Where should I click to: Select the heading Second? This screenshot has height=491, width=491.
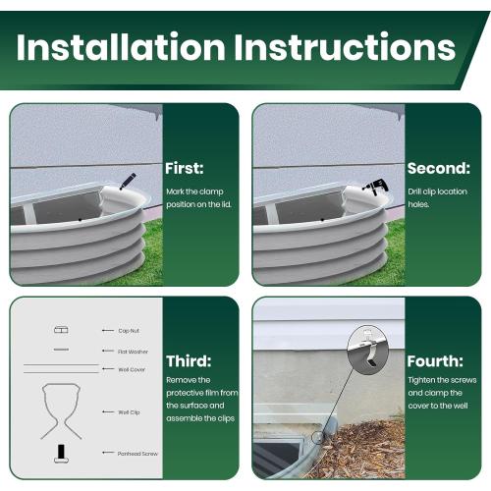tap(438, 168)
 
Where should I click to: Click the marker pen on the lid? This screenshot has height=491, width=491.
tap(128, 182)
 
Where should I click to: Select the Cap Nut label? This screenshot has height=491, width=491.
tap(130, 331)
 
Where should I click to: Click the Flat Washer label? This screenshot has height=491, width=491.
tap(133, 351)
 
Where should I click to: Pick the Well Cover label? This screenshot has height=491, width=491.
tap(132, 369)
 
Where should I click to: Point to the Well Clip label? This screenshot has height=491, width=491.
tap(130, 413)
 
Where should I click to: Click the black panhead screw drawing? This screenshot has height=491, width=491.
tap(60, 453)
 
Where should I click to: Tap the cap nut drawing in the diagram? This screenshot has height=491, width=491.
tap(60, 330)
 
